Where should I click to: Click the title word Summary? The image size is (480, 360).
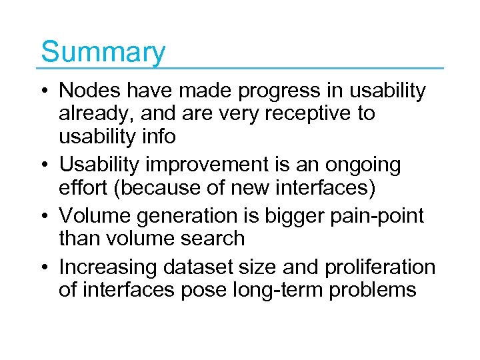point(103,52)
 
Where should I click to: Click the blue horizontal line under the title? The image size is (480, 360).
point(240,68)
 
